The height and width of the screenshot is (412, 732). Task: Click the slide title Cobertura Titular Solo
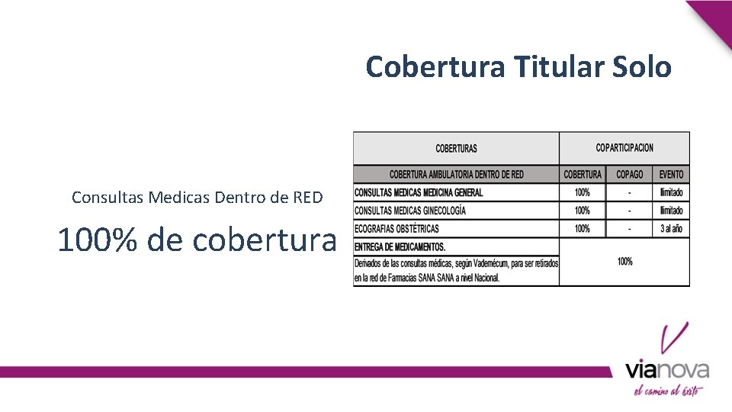(518, 67)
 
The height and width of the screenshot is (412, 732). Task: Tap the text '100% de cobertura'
(197, 240)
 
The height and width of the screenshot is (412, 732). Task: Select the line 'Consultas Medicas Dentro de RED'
(197, 198)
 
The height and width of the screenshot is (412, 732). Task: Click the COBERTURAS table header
(456, 148)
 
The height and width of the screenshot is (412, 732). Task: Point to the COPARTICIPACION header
(624, 147)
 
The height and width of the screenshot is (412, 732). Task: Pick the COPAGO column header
(630, 175)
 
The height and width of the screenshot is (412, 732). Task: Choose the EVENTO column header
(672, 175)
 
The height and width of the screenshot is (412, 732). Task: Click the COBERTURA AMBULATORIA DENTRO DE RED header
(456, 175)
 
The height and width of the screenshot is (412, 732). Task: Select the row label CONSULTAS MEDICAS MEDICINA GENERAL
(419, 192)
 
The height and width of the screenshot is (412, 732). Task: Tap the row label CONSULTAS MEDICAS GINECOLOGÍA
(410, 211)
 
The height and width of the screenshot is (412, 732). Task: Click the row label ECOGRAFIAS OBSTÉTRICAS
(396, 229)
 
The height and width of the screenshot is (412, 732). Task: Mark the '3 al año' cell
(672, 229)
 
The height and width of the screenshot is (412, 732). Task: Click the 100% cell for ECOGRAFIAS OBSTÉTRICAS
(583, 229)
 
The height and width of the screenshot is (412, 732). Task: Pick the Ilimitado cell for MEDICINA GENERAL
(672, 192)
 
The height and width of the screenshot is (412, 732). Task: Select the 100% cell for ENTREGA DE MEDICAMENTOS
(624, 262)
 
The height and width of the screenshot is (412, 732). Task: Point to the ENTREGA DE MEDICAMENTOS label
(400, 247)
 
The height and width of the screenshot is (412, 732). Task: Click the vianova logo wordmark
(667, 371)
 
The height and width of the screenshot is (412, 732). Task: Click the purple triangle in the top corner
(715, 17)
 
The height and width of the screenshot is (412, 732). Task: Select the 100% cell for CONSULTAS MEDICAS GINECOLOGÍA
(583, 211)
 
